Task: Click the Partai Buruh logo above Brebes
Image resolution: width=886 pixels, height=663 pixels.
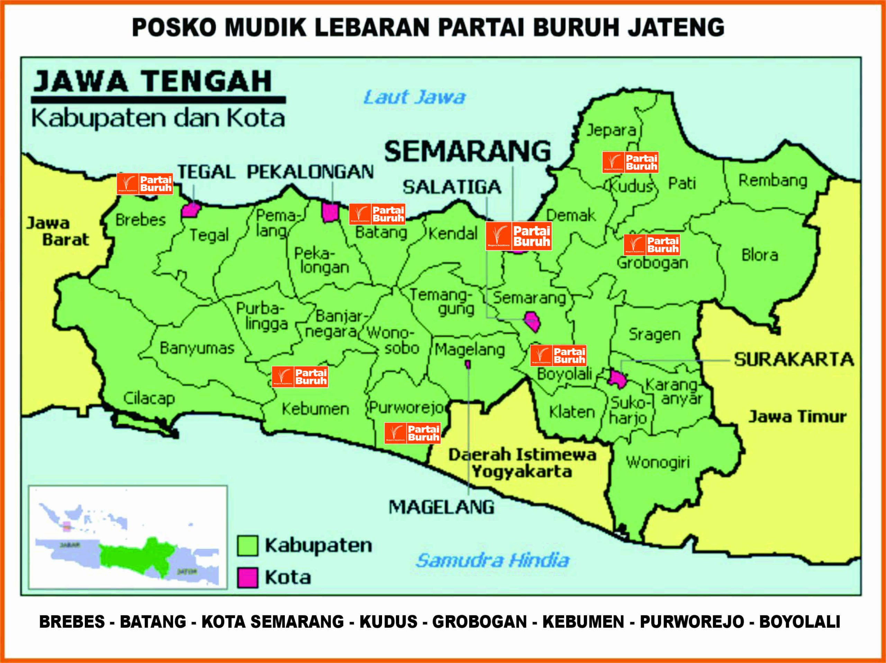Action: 145,184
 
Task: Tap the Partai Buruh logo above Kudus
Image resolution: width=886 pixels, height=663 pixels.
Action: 630,162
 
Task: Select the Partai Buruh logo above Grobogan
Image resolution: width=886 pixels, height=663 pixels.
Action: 652,245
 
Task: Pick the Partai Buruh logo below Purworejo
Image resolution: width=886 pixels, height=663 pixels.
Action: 413,433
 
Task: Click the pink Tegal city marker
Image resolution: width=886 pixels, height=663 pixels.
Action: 191,210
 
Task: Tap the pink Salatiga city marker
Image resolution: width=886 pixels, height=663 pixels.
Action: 532,321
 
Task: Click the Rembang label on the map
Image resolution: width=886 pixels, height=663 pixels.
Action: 772,181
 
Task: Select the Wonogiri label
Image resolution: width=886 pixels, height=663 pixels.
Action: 658,462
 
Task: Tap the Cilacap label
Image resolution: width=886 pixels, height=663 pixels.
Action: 149,398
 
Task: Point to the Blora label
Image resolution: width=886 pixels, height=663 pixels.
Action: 759,255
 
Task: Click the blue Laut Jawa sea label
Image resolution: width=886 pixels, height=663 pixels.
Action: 414,98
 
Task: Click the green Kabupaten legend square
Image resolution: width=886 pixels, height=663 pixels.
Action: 247,545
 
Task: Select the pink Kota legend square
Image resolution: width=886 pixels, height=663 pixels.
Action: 247,577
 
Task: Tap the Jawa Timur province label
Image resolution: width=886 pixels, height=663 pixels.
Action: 797,417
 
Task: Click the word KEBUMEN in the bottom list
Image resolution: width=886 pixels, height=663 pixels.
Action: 583,622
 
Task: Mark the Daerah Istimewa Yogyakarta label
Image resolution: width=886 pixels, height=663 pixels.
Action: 522,463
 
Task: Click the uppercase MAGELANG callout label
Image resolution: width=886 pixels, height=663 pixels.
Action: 441,507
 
